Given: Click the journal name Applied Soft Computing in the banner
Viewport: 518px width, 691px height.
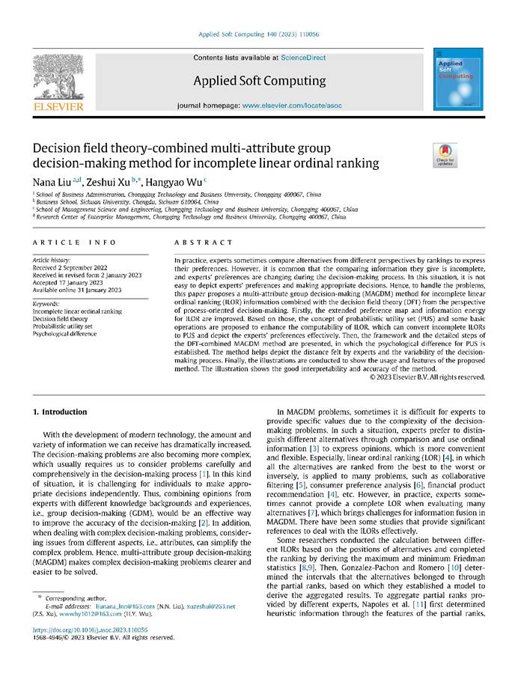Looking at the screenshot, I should click(x=259, y=81).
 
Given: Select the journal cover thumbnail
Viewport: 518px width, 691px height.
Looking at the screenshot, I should click(x=455, y=80).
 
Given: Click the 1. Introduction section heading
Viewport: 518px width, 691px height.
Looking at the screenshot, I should click(x=61, y=412).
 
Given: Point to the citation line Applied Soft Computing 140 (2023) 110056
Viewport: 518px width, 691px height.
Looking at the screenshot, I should click(x=259, y=34).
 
